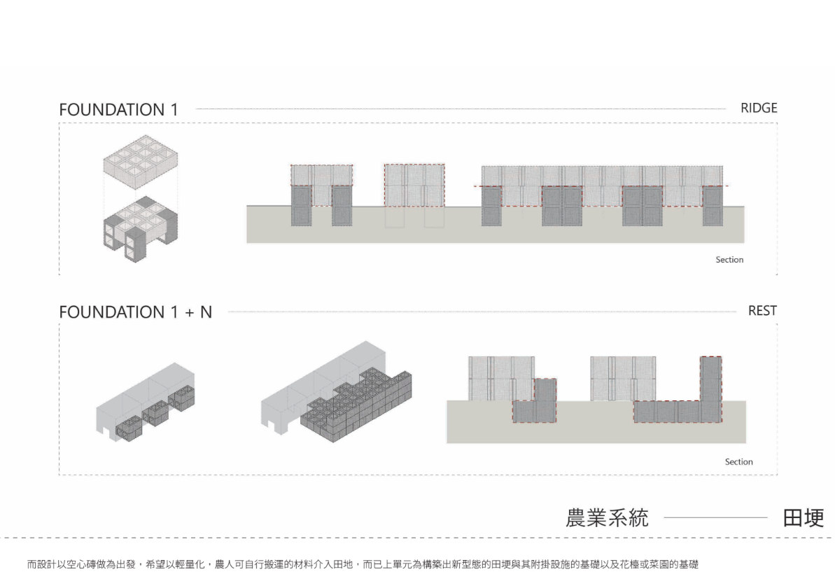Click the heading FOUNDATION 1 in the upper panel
(x=118, y=109)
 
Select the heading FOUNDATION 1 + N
(x=136, y=312)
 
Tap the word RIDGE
(x=759, y=108)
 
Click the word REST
(x=762, y=311)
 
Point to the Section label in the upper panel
(x=729, y=260)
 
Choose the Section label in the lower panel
(x=738, y=462)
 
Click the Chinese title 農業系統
(x=607, y=518)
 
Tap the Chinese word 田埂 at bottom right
(x=804, y=518)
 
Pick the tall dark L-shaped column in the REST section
(x=711, y=388)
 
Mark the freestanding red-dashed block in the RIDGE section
(x=414, y=185)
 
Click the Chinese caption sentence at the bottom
(x=363, y=563)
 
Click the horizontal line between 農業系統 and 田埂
(x=715, y=519)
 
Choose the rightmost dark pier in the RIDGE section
(x=713, y=206)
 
